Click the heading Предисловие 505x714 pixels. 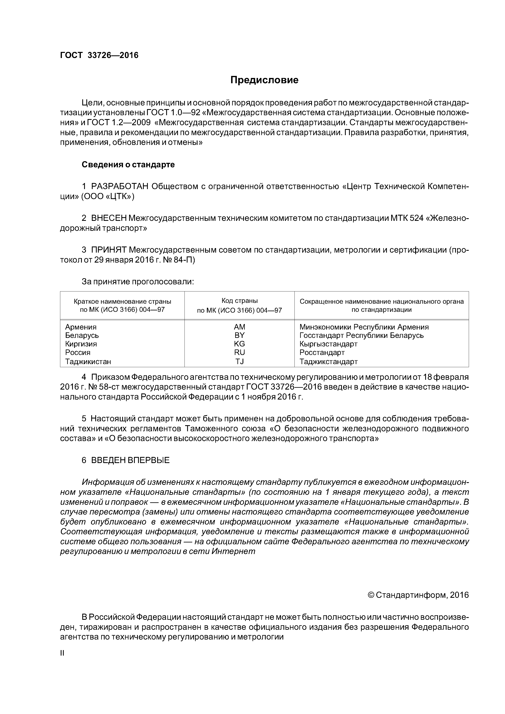click(x=264, y=80)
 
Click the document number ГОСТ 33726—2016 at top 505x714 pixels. click(x=99, y=55)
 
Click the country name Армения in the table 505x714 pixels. click(x=81, y=327)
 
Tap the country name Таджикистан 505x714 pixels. click(x=88, y=361)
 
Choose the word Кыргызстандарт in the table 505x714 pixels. click(x=328, y=344)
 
